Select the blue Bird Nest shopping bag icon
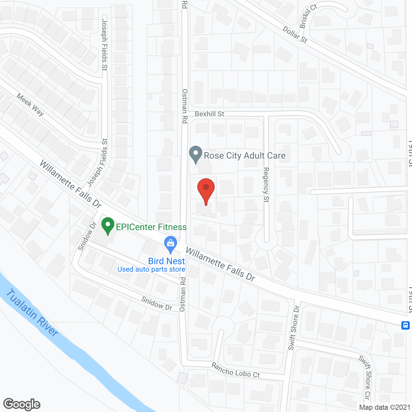pos(170,245)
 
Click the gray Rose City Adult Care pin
pos(195,154)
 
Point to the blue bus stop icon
pos(406,325)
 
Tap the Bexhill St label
pos(210,114)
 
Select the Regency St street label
pos(266,185)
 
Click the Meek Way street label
pos(30,105)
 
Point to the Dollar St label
pos(295,35)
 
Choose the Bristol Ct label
pos(308,16)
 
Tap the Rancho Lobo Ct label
pos(236,370)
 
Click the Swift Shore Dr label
pos(294,328)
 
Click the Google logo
pos(22,404)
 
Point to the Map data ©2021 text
pos(385,407)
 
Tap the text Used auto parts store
pos(151,269)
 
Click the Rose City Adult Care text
pos(245,156)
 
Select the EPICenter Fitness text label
pos(151,227)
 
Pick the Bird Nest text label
pos(166,261)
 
